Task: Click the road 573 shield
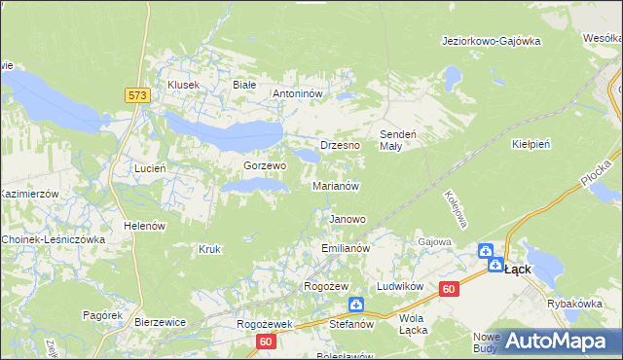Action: click(x=137, y=95)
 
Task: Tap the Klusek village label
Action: click(x=183, y=85)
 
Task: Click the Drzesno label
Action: click(x=340, y=144)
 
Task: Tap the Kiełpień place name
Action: click(x=531, y=143)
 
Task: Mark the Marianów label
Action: click(x=337, y=185)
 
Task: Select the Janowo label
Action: click(x=348, y=219)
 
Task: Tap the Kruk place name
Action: click(x=209, y=249)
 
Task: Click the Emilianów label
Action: click(x=346, y=249)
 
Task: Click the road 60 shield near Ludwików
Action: click(x=449, y=289)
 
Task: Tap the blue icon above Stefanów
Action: click(x=356, y=305)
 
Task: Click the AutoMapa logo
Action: click(x=555, y=341)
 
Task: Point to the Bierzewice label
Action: click(x=160, y=321)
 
